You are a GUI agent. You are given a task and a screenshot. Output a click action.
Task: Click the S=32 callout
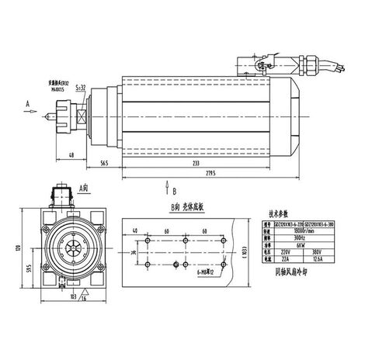tap(79, 88)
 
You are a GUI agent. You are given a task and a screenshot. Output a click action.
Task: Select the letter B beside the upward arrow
tap(174, 189)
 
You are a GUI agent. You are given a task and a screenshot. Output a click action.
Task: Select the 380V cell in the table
tap(315, 251)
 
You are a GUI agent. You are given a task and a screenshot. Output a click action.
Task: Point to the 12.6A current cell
tap(315, 259)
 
